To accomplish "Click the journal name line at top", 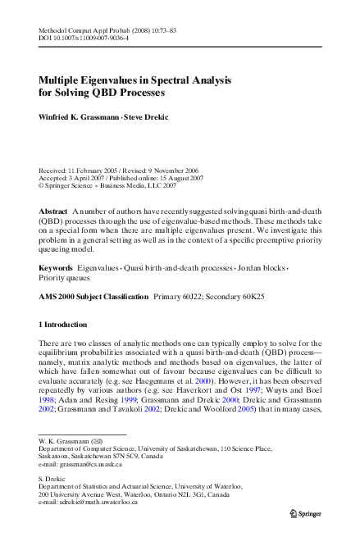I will pyautogui.click(x=104, y=29).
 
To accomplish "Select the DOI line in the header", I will pyautogui.click(x=81, y=38).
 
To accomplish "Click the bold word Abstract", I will pyautogui.click(x=53, y=212).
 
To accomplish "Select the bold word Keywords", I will pyautogui.click(x=56, y=268).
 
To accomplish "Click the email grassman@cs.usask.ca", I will pyautogui.click(x=91, y=464).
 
